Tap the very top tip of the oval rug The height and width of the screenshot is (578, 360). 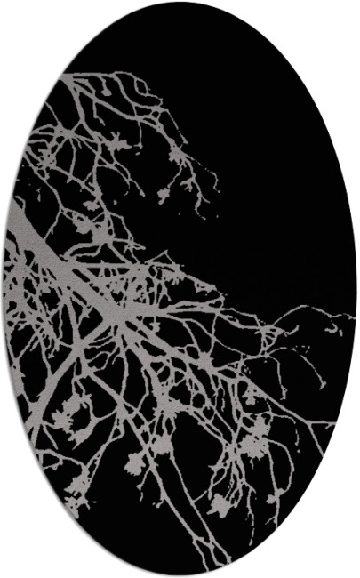(x=180, y=2)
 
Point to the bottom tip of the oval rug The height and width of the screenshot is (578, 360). (x=180, y=575)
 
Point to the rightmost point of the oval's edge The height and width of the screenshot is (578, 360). (x=357, y=289)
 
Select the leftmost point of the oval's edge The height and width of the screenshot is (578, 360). (x=3, y=289)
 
